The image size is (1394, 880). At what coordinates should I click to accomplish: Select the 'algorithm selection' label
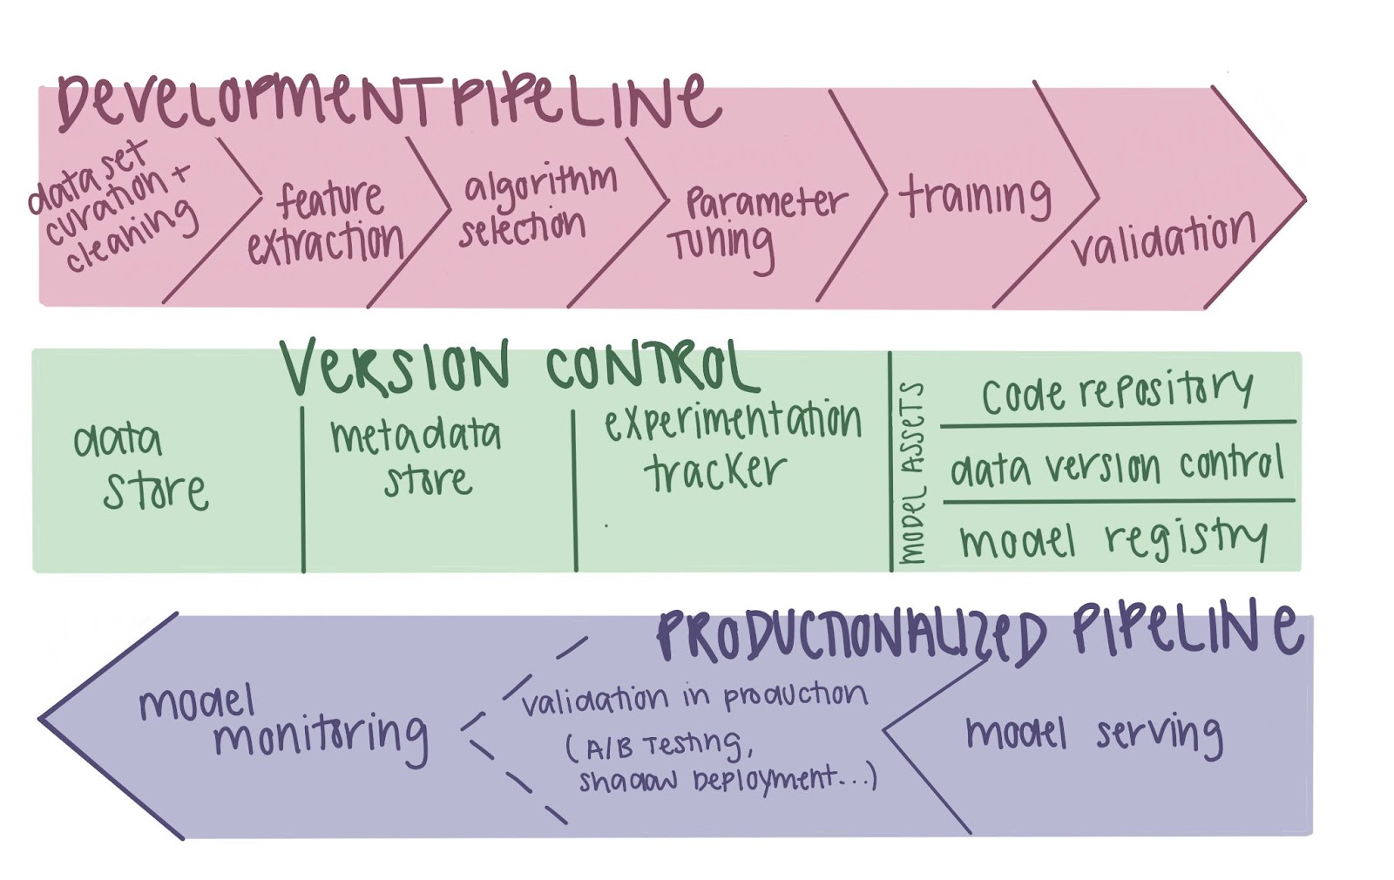coord(536,205)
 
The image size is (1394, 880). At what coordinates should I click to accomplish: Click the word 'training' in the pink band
coord(974,197)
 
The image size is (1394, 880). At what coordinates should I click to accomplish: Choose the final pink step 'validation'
coord(1163,237)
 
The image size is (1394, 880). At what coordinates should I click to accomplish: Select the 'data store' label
coord(139,466)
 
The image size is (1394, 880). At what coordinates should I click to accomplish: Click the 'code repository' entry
coord(1117,392)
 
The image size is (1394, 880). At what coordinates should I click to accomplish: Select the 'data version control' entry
coord(1117,467)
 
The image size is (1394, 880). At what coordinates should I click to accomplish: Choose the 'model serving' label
coord(1093,734)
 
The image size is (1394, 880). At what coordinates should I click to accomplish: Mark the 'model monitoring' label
coord(283,723)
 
